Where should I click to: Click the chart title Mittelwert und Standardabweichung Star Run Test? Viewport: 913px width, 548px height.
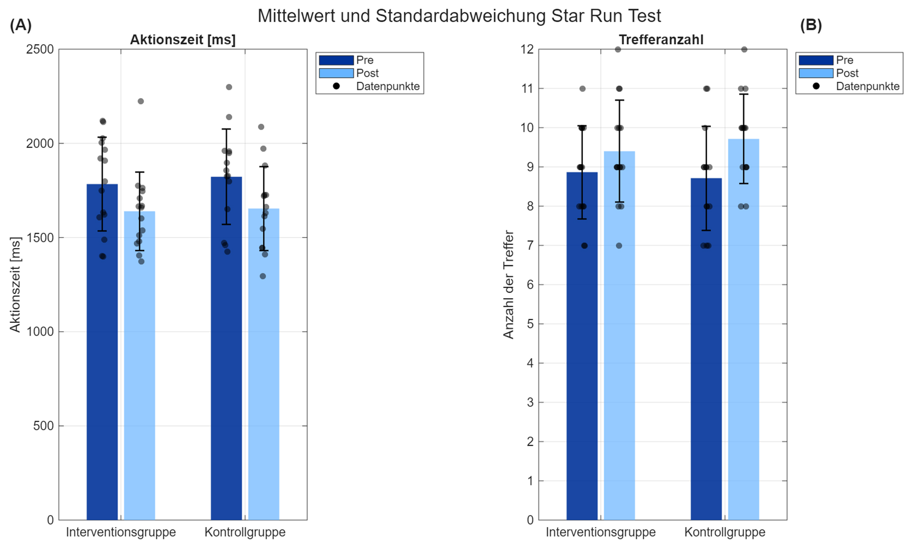click(x=459, y=16)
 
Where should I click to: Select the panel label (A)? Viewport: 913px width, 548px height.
click(x=21, y=25)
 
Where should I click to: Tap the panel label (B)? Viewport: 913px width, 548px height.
click(x=811, y=25)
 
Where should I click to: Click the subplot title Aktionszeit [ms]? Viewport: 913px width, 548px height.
click(x=183, y=40)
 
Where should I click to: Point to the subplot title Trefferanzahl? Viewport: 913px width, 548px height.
click(x=661, y=40)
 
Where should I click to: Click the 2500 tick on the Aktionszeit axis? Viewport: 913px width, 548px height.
click(x=40, y=49)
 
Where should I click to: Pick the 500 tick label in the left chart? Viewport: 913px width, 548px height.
click(x=43, y=426)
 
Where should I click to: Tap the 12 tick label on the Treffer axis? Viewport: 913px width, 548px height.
click(x=527, y=49)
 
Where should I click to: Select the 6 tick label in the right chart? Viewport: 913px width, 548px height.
click(x=530, y=285)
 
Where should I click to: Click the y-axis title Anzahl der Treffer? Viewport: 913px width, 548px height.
click(x=509, y=285)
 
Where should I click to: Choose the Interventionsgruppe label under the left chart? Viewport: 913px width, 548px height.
click(x=121, y=532)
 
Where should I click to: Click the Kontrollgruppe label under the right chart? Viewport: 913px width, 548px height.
click(x=724, y=532)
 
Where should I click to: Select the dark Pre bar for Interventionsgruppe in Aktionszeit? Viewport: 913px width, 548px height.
click(x=102, y=365)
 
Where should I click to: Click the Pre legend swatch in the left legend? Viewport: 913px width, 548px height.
click(x=336, y=60)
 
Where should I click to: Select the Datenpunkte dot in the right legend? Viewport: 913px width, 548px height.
click(x=816, y=86)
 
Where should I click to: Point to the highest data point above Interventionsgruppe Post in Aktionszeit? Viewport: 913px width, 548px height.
click(x=141, y=101)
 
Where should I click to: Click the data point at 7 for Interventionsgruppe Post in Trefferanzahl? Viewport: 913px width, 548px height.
click(x=619, y=246)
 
